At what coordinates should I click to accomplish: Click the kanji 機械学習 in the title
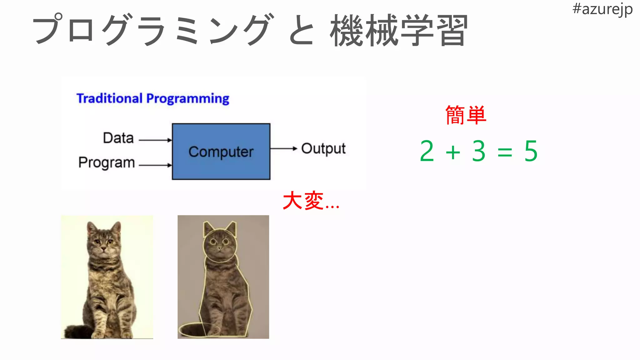pos(399,31)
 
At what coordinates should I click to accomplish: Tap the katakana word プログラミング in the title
pos(153,30)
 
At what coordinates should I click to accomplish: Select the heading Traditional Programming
pos(153,98)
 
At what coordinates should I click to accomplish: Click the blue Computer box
pos(221,152)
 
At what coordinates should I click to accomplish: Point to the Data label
pos(118,138)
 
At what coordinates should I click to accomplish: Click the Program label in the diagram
pos(107,162)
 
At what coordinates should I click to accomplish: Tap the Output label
pos(323,149)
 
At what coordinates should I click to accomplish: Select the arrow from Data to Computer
pos(155,140)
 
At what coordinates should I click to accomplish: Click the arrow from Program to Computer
pos(155,165)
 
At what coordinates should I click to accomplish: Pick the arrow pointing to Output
pos(283,148)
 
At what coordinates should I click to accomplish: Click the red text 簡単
pos(466,115)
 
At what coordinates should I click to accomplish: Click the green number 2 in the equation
pos(427,151)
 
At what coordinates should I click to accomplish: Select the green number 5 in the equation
pos(531,151)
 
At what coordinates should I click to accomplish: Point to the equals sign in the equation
pos(505,153)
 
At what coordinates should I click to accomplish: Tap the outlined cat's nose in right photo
pos(219,249)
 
